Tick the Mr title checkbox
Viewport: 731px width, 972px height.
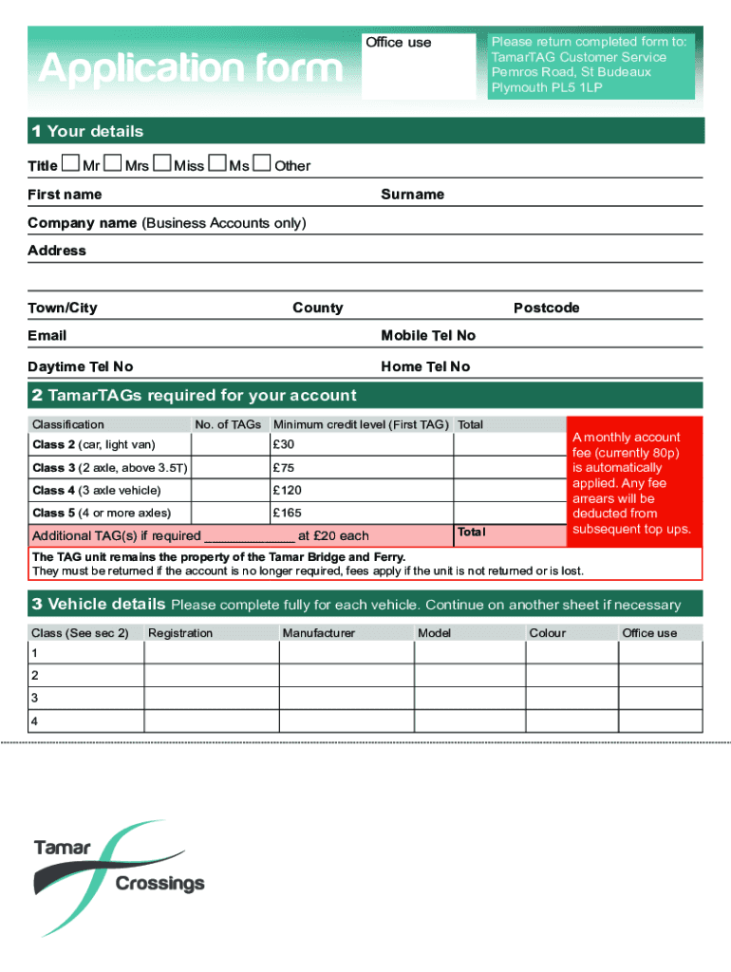coord(70,164)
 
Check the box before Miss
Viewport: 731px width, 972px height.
coord(161,164)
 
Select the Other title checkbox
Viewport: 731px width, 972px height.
coord(262,164)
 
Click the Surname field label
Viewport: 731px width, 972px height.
coord(412,195)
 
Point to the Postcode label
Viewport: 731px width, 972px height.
coord(546,308)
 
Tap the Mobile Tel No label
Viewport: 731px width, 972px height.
coord(428,335)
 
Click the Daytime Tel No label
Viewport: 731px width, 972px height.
coord(81,366)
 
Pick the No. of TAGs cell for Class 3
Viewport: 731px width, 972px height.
coord(228,468)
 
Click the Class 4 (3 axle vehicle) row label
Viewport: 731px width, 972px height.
coord(96,491)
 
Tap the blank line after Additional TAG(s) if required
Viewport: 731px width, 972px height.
coord(249,535)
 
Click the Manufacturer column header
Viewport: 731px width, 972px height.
coord(319,633)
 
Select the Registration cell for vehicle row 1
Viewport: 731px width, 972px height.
coord(211,653)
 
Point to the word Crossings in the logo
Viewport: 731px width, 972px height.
coord(159,884)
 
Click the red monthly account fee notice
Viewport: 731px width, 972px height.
coord(634,482)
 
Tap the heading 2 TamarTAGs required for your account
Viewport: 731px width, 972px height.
coord(195,396)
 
